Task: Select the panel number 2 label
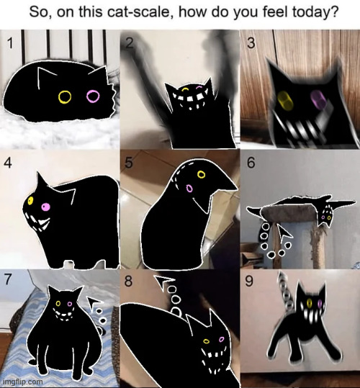click(129, 43)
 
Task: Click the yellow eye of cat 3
click(285, 101)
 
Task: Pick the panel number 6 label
click(251, 163)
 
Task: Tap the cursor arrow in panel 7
click(94, 302)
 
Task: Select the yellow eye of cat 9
click(310, 302)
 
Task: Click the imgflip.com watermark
click(23, 382)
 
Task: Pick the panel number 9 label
click(249, 281)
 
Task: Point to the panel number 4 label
click(8, 163)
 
